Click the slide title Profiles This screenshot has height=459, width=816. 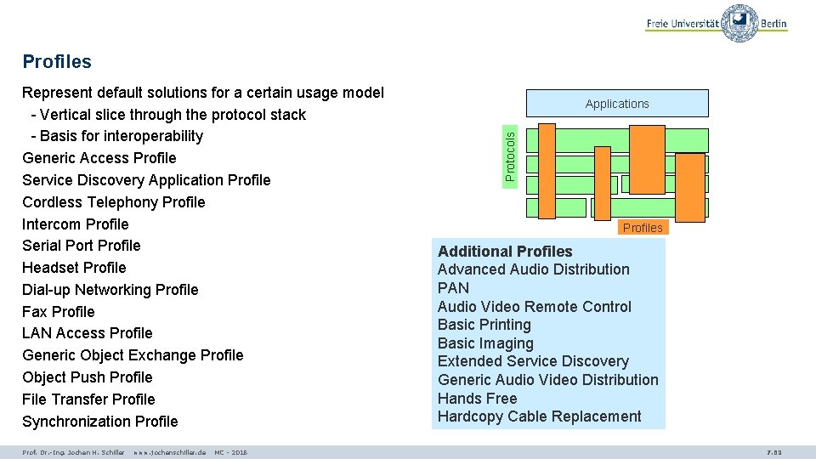pos(57,61)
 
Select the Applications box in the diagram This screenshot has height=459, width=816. pos(617,104)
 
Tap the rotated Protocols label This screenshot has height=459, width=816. pos(510,154)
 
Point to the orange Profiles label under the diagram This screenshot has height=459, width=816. pos(643,227)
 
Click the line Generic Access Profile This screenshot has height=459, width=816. pos(99,158)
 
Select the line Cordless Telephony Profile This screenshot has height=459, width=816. pos(114,202)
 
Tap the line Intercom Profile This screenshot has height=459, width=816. pos(76,224)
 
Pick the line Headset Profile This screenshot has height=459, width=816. pos(74,268)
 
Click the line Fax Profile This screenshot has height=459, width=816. pos(59,312)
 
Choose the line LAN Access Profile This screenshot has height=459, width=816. pos(88,333)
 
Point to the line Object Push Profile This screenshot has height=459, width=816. pos(88,377)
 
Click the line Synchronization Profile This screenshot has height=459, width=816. pos(100,422)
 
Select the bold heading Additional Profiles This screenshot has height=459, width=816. pos(505,252)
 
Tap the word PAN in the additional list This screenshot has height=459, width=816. pos(453,288)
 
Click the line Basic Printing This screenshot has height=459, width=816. pos(484,325)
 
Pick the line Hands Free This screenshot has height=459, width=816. pos(478,399)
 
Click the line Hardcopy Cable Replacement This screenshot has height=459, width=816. pos(540,416)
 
